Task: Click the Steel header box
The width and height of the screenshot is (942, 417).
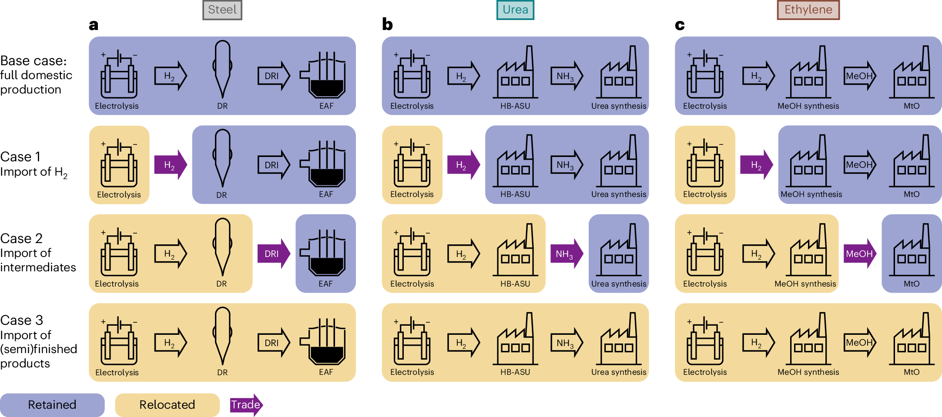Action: coord(222,10)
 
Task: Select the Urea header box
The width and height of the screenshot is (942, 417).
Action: coord(515,10)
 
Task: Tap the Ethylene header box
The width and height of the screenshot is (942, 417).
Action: coord(808,10)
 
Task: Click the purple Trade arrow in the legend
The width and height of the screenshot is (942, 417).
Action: coord(246,405)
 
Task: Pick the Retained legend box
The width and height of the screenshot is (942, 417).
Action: coord(52,405)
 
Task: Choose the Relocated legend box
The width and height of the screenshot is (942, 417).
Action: coord(167,405)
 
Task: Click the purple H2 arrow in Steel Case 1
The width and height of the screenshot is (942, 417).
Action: coord(171,165)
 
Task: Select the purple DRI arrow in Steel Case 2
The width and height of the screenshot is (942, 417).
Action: coord(273,254)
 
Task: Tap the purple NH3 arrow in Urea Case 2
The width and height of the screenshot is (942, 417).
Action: coord(566,254)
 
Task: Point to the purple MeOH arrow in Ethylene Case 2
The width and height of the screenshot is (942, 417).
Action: coord(860,254)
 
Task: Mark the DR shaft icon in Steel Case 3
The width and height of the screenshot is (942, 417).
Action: coord(222,335)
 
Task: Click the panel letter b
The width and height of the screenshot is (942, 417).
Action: coord(387,24)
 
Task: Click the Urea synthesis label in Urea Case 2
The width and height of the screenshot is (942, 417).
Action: coord(618,284)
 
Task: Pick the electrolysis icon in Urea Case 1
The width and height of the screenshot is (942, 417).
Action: coord(412,163)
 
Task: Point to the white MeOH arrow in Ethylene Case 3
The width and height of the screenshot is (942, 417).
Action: coord(860,343)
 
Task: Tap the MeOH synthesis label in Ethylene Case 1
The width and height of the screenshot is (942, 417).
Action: coord(811,194)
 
